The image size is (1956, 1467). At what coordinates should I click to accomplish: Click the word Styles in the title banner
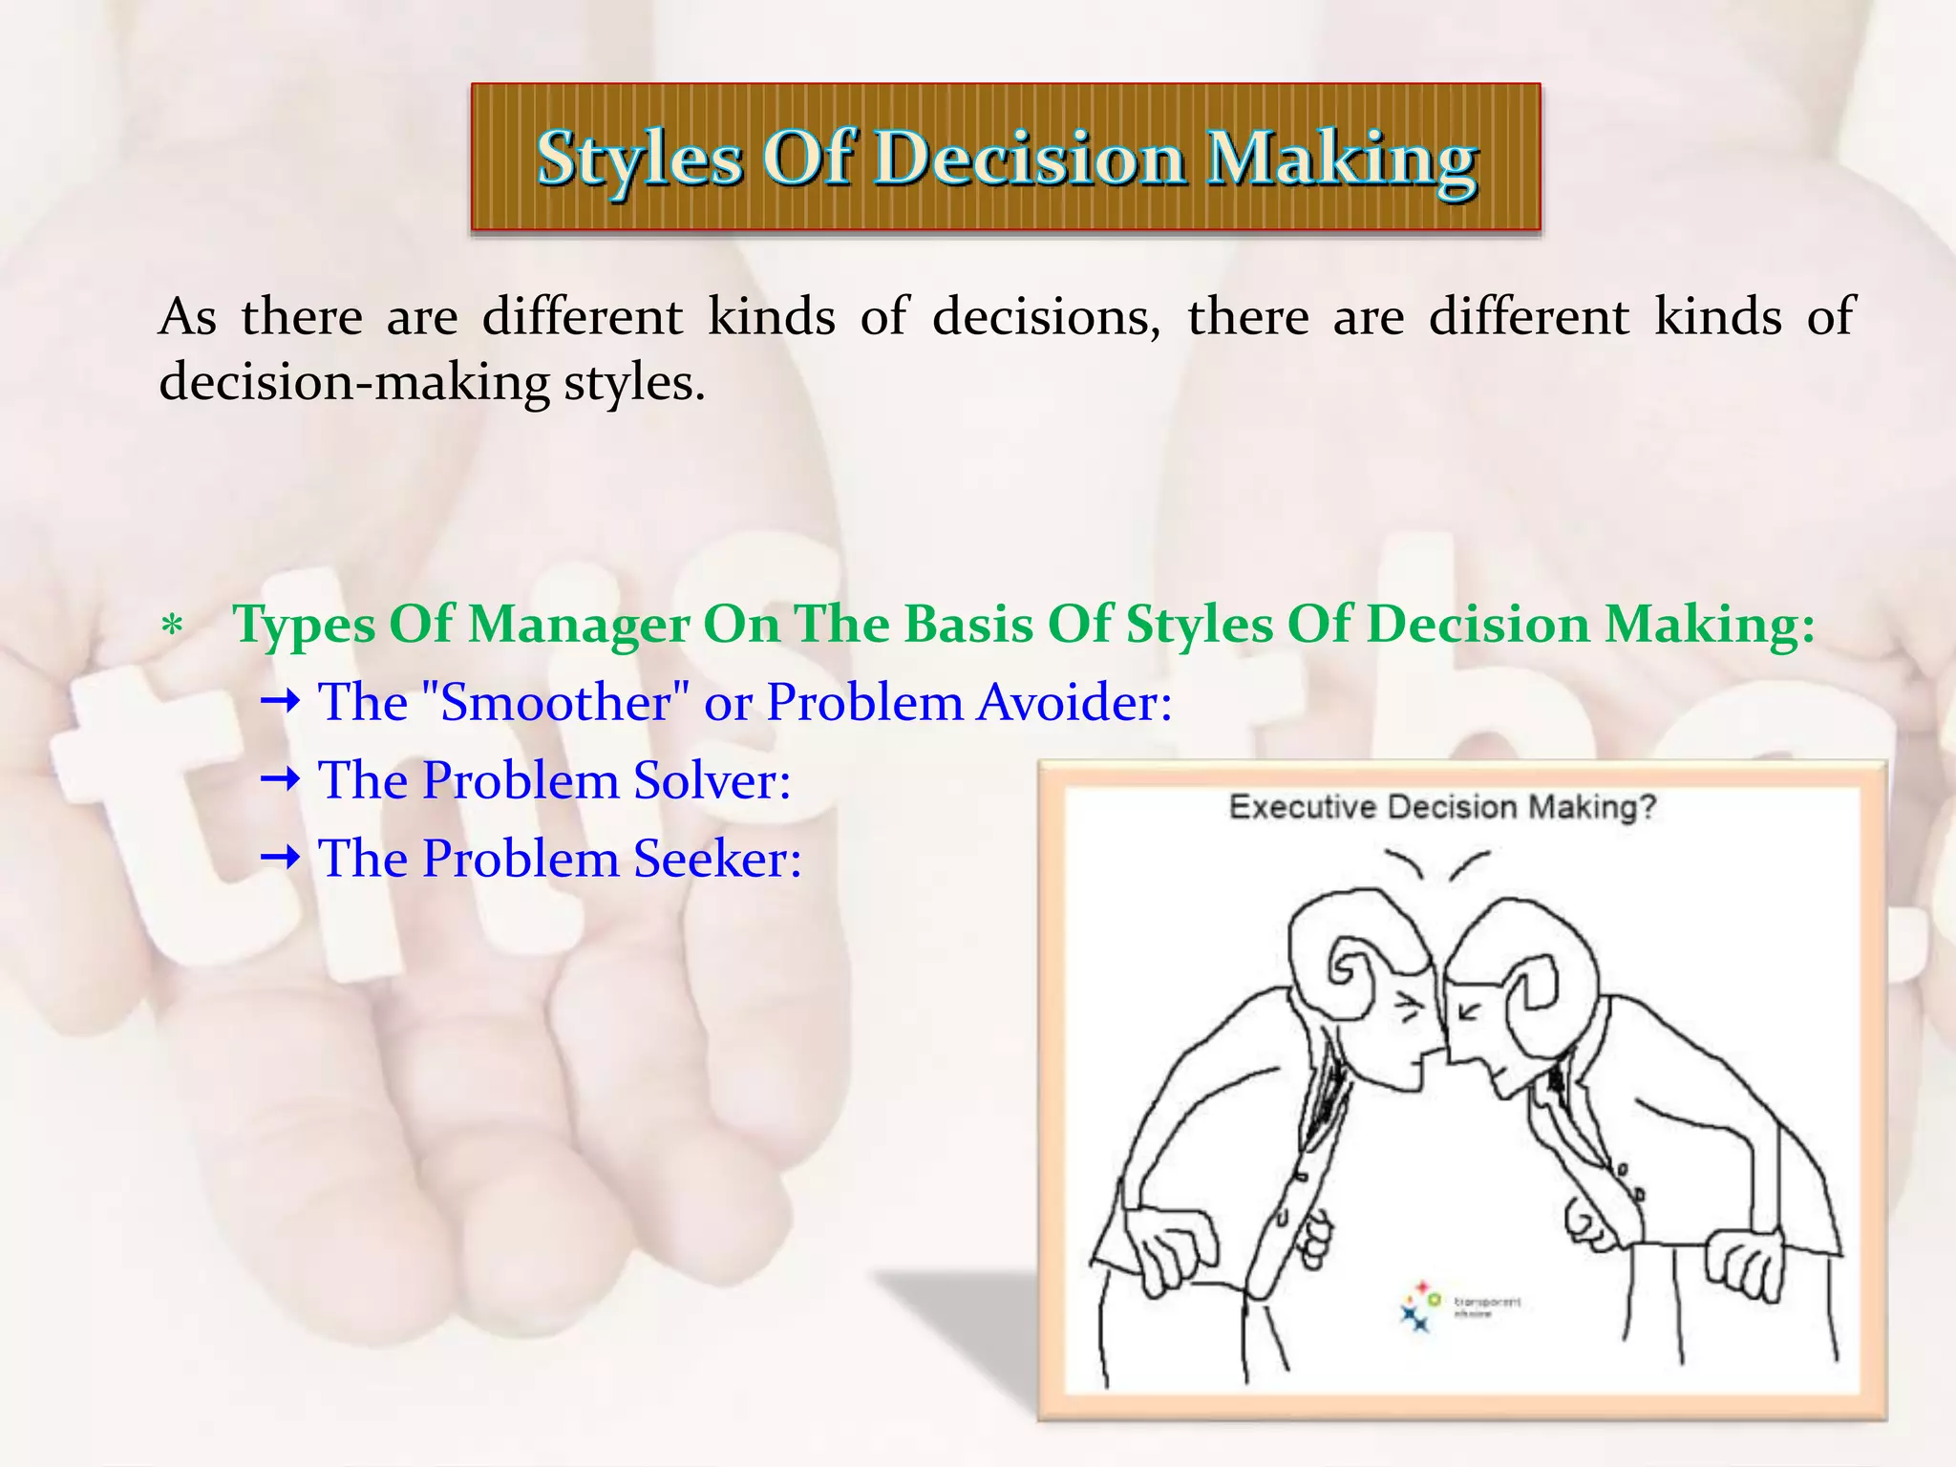tap(639, 159)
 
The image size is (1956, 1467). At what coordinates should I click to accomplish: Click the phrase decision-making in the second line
tap(353, 383)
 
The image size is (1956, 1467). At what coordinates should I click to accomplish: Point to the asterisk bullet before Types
tap(172, 628)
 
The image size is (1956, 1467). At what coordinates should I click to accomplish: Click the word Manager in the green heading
tap(578, 626)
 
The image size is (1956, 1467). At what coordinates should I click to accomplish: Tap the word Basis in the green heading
tap(967, 626)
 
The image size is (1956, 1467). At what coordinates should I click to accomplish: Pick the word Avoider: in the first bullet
tap(1075, 703)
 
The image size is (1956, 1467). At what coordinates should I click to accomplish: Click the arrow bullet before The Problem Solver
tap(281, 781)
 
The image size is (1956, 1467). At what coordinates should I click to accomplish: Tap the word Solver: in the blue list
tap(712, 781)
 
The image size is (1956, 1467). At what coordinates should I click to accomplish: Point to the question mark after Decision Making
tap(1647, 808)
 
